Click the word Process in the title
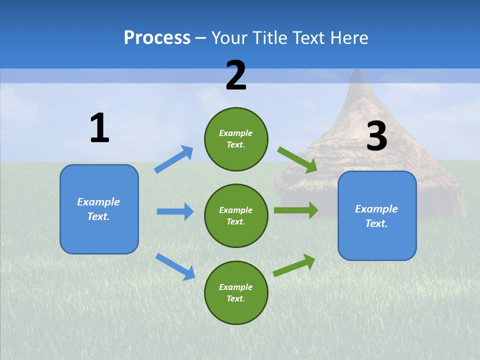[x=157, y=37]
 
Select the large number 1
[x=99, y=128]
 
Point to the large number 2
[x=236, y=75]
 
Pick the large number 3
[x=376, y=136]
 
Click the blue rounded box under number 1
[x=99, y=209]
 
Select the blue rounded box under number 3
[x=377, y=216]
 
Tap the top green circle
[x=236, y=139]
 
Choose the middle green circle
[x=236, y=215]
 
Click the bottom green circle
[x=236, y=292]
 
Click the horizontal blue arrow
[x=175, y=211]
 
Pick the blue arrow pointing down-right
[x=175, y=266]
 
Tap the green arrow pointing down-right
[x=297, y=160]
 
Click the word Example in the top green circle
[x=235, y=133]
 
